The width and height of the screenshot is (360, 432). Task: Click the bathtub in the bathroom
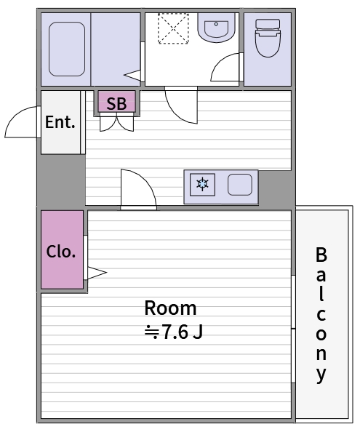tap(67, 49)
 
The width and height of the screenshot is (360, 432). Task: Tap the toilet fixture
tap(268, 38)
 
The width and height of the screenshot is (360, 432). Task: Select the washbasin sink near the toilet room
tap(216, 27)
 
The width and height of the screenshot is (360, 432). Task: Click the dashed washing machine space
tap(173, 28)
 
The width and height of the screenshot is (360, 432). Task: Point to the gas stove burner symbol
tap(202, 184)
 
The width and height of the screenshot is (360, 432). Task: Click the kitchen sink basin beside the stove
tap(240, 185)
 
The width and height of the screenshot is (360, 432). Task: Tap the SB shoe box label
tap(116, 103)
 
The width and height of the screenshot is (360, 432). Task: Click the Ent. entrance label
tap(60, 122)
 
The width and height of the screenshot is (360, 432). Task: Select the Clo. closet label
tap(61, 252)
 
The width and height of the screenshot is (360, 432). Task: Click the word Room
tap(170, 308)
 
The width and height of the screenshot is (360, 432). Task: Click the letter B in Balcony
tap(321, 255)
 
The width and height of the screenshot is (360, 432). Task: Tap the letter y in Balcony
tap(321, 375)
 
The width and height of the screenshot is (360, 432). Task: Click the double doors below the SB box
tap(117, 124)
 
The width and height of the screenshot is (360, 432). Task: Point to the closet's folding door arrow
tap(97, 273)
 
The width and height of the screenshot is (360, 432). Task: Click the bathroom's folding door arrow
tap(132, 75)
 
